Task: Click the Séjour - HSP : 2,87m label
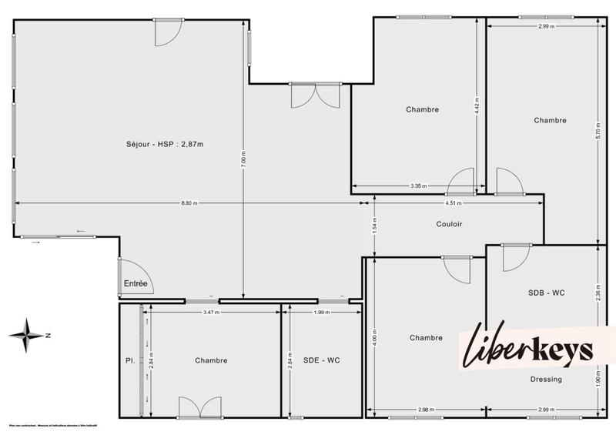pos(164,144)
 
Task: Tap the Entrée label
pos(135,284)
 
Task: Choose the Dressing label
pos(546,379)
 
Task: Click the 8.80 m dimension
pos(189,203)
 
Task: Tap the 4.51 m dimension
pos(454,203)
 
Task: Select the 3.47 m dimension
pos(211,313)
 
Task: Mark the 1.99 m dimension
pos(321,313)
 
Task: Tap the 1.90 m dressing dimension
pos(598,377)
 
